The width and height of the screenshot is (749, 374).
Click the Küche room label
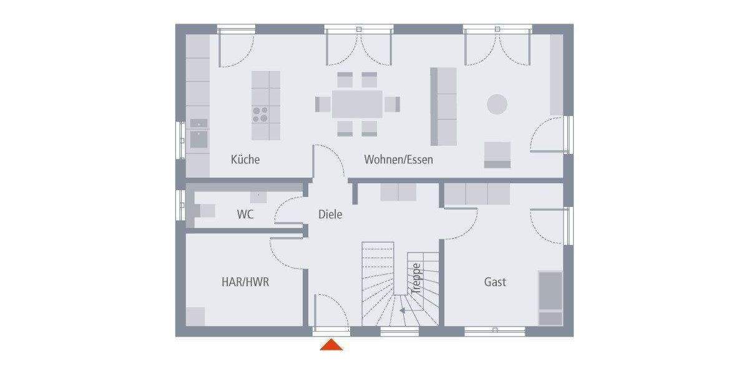[245, 160]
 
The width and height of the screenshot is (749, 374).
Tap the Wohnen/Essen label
[398, 160]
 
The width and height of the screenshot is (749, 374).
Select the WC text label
[245, 214]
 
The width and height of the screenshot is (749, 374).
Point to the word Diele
[330, 214]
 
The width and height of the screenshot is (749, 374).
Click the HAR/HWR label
[245, 282]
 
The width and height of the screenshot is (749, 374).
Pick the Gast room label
[495, 282]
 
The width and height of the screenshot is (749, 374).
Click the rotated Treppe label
[416, 278]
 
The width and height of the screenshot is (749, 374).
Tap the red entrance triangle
[331, 345]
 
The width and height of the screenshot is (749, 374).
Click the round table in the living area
[497, 103]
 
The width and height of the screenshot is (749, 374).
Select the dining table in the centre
[357, 104]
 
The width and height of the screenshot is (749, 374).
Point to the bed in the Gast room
[550, 298]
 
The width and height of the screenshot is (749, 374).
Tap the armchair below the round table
[497, 155]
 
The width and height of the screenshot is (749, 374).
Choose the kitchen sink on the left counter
[199, 138]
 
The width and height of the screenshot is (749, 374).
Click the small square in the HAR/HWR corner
[196, 316]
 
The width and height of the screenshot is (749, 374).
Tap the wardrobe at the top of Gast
[477, 194]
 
